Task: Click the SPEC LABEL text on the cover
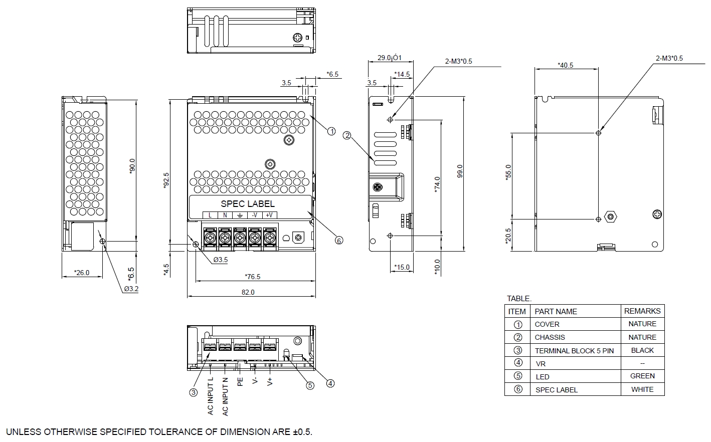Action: coord(248,204)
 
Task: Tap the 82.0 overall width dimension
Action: coord(248,292)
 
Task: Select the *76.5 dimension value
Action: coord(253,277)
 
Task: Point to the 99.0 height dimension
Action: coord(460,171)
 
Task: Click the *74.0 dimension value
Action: coord(437,184)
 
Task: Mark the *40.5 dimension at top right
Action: coord(566,65)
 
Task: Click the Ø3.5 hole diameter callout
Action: coord(221,260)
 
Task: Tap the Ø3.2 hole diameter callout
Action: coord(131,289)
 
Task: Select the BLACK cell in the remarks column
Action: coord(642,350)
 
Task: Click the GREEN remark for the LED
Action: coord(642,376)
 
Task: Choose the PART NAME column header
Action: coord(556,311)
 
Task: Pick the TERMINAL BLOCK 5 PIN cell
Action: coord(574,351)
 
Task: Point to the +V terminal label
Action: coord(269,215)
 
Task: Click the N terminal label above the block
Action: coord(225,215)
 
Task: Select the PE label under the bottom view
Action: coord(240,381)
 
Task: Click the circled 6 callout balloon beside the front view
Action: coord(339,241)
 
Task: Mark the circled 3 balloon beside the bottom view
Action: coord(194,393)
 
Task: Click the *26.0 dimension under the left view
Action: coord(81,273)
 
